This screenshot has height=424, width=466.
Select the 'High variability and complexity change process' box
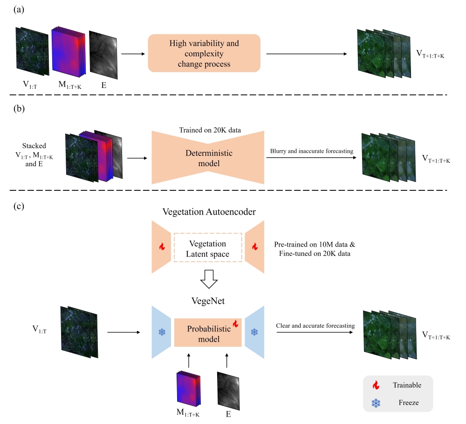click(x=204, y=54)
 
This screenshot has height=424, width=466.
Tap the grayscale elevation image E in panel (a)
click(x=103, y=54)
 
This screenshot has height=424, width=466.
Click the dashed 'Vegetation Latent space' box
click(x=208, y=248)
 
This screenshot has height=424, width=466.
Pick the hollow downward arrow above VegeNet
click(x=208, y=280)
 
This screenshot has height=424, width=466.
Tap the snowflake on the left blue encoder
click(x=162, y=332)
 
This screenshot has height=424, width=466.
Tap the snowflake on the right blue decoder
click(x=254, y=332)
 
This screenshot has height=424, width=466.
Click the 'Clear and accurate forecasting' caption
click(x=315, y=325)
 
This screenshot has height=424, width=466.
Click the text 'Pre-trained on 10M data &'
click(x=314, y=244)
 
